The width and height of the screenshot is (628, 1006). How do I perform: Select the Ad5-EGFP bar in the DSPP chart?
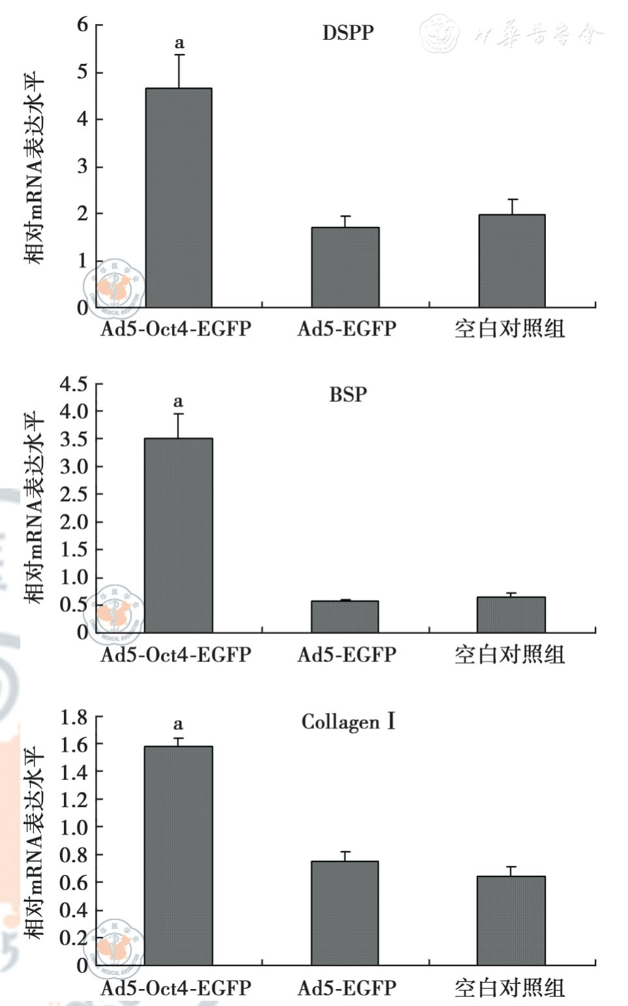point(345,267)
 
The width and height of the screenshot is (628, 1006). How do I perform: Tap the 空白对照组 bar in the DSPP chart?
point(512,261)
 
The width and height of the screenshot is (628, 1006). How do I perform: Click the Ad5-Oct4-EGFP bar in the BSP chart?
point(178,535)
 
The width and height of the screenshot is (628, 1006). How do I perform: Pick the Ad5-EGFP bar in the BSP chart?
point(345,616)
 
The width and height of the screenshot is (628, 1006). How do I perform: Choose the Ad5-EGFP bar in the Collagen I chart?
point(345,913)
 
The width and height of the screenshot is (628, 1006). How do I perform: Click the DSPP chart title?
point(348,33)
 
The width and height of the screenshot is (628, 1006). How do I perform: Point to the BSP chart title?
point(348,394)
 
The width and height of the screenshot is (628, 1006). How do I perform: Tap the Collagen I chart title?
point(348,722)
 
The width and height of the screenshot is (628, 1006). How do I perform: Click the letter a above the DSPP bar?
point(179,44)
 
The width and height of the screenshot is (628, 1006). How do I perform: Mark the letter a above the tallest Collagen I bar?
point(178,724)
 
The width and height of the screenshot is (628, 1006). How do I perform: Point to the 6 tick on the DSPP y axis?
point(82,25)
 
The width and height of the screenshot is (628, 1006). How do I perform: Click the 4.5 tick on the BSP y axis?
point(74,384)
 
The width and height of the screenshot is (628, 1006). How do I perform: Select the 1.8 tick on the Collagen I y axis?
point(74,717)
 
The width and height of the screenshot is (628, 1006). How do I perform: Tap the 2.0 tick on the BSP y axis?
point(74,522)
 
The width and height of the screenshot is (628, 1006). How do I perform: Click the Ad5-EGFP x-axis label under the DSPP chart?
point(347,328)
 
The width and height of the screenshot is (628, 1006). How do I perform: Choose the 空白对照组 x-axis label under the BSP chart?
point(509,654)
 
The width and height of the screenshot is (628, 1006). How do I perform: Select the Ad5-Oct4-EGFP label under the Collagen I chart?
point(176,988)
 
